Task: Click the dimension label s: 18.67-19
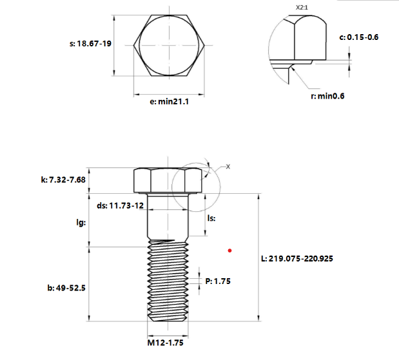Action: click(90, 44)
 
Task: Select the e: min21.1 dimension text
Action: click(170, 102)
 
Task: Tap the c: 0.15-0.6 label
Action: click(359, 37)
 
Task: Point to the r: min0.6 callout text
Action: click(327, 96)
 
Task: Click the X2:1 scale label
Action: click(302, 7)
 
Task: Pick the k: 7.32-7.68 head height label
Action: click(63, 180)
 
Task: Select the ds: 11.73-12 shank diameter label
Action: click(120, 205)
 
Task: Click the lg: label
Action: click(81, 222)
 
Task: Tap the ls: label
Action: click(211, 218)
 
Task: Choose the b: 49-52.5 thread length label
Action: click(66, 288)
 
